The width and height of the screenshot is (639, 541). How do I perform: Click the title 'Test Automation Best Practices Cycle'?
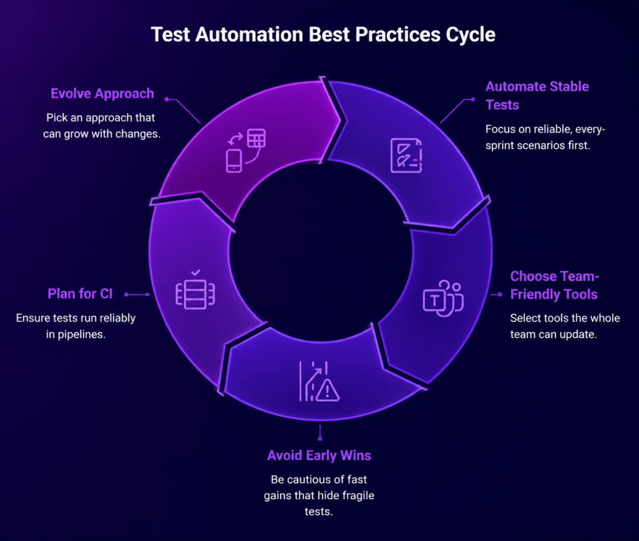323,35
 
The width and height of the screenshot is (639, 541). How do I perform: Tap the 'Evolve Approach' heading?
102,94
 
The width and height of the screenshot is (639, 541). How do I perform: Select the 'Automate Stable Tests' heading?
537,96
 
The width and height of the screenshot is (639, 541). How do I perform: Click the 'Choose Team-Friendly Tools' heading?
555,285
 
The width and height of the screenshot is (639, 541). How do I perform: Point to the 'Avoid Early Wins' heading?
319,455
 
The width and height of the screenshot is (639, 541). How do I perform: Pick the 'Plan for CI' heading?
80,294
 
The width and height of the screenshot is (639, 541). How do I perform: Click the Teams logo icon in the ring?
443,298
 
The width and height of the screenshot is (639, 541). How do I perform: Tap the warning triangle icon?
327,390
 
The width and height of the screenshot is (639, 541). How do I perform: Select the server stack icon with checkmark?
195,289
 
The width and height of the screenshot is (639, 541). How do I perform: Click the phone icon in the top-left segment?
234,161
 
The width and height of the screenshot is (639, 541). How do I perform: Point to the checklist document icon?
406,156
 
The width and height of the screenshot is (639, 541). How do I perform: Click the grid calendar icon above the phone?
256,138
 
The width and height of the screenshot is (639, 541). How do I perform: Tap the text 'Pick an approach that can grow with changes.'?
102,126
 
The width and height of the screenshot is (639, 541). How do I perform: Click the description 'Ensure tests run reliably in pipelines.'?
76,326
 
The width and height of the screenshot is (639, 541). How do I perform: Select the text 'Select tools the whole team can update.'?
565,326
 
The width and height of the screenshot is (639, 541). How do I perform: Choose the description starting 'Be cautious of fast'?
319,495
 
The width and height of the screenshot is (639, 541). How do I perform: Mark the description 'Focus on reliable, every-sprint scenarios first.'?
545,137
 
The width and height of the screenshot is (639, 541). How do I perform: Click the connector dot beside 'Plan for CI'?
126,295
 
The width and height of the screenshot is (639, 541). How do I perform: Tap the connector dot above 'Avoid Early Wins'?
320,439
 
